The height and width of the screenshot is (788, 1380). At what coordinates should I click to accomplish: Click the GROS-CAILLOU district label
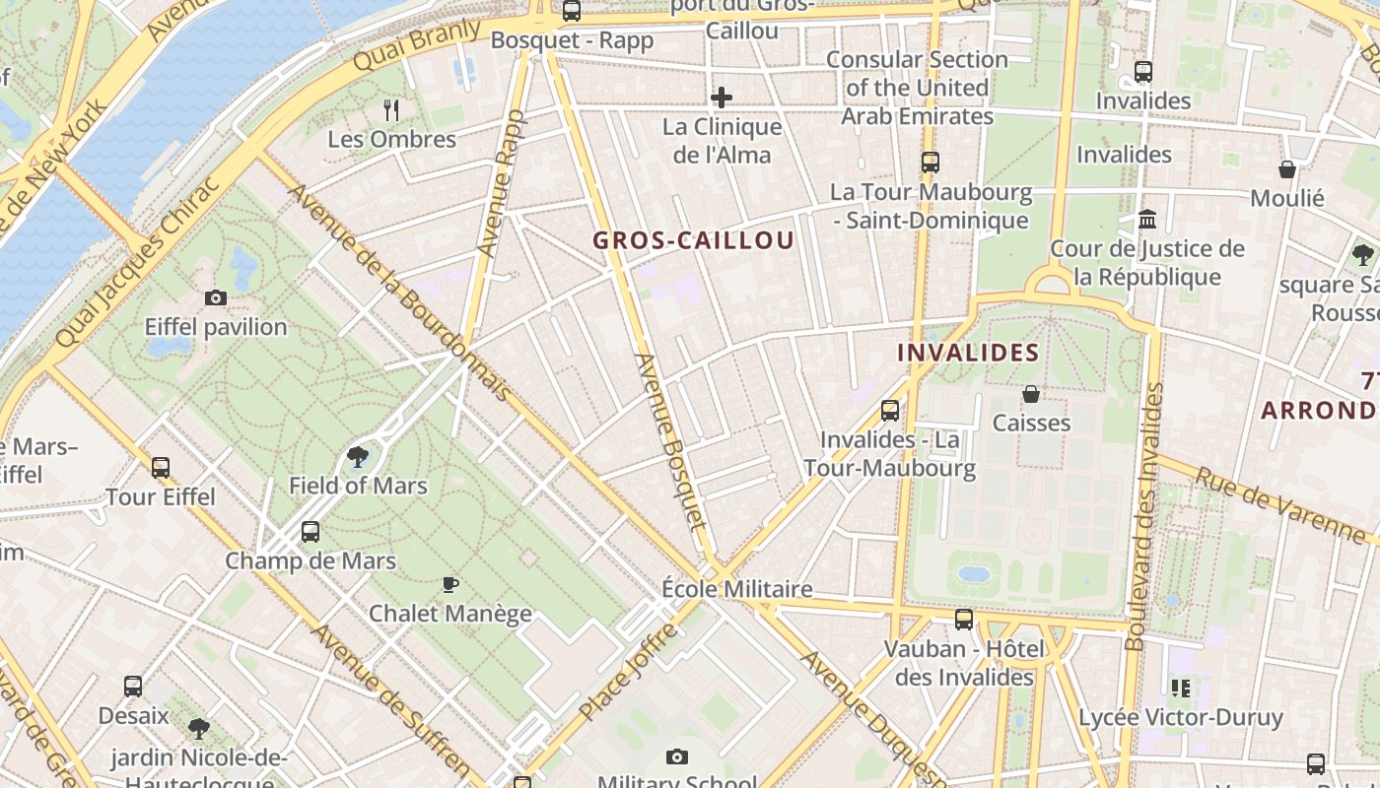tap(693, 240)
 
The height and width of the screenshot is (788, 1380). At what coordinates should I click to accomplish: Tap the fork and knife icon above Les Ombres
tap(392, 109)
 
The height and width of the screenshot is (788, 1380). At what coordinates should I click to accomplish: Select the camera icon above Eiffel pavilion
tap(215, 297)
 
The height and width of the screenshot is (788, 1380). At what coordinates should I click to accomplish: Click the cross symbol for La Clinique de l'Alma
tap(722, 97)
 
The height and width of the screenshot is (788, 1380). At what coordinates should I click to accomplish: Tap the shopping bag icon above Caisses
tap(1031, 394)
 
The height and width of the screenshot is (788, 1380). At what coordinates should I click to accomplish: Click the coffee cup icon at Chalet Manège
tap(450, 584)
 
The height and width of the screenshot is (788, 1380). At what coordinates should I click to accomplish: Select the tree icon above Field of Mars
tap(357, 456)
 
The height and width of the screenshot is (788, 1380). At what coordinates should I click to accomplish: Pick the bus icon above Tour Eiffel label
tap(161, 467)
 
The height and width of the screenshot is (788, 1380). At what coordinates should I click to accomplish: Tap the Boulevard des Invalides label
tap(1144, 517)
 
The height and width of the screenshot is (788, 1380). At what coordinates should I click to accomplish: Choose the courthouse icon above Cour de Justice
tap(1147, 219)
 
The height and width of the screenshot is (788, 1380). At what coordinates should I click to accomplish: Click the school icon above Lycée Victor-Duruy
tap(1180, 688)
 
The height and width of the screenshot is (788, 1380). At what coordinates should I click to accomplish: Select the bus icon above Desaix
tap(133, 687)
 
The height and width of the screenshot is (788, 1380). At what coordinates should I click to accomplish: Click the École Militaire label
tap(737, 589)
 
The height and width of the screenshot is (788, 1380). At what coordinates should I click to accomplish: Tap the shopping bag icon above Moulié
tap(1287, 169)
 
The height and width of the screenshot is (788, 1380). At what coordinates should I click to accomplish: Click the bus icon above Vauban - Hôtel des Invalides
tap(964, 620)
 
